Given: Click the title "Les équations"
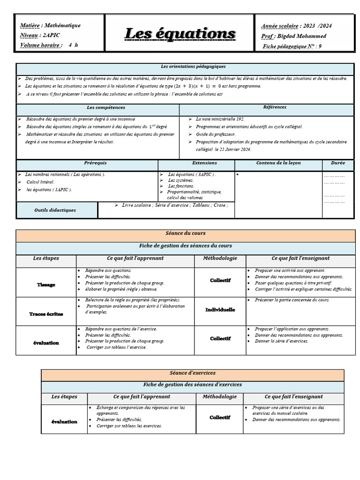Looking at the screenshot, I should (180, 34).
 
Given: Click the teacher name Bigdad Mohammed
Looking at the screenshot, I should (308, 36).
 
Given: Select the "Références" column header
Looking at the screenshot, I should (275, 107).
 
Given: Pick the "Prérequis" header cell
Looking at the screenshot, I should (95, 163).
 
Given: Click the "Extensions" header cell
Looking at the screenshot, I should (204, 163).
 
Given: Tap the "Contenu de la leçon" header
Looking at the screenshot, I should (278, 163).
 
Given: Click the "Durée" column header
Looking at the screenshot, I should (337, 163).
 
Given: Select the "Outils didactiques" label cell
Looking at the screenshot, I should (55, 210).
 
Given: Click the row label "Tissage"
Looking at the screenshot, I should (46, 285).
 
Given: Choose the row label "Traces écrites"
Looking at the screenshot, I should (46, 314).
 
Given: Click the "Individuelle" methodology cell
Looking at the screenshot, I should (220, 310).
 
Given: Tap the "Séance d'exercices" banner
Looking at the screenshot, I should (192, 373).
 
